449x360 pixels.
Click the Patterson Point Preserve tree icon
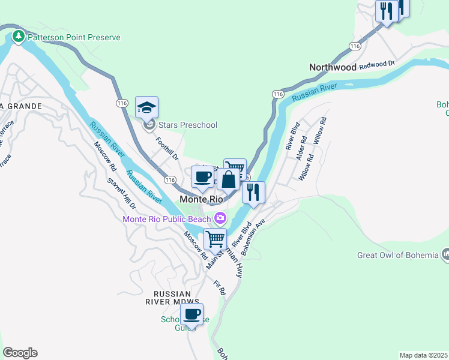[x=19, y=37]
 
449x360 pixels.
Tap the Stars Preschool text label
[x=188, y=125]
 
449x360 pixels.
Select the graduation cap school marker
[x=146, y=108]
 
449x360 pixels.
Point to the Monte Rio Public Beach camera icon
[x=221, y=217]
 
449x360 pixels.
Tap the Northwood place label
[x=333, y=68]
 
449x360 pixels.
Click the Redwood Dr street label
[x=376, y=65]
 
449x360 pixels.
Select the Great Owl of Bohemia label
[x=397, y=255]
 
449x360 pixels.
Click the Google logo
[x=20, y=353]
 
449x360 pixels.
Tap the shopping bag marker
[x=229, y=179]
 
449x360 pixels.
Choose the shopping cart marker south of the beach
[x=215, y=239]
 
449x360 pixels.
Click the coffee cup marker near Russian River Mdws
[x=192, y=314]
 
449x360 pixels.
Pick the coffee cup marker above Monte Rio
[x=202, y=177]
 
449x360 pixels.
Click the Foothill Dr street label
[x=167, y=148]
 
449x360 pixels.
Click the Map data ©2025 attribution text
[x=424, y=355]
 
